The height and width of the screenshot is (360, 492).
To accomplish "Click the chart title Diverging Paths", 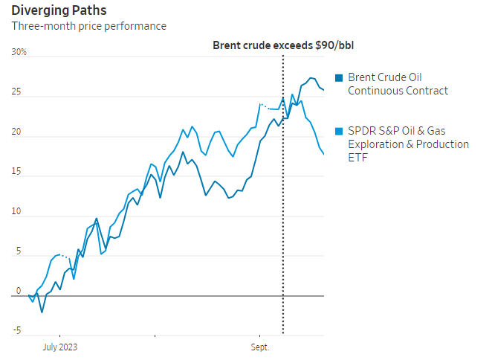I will [x=58, y=10].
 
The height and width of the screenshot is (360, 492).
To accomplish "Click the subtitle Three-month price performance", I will [x=88, y=26].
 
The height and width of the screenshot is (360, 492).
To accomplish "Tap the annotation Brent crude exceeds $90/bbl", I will [x=282, y=45].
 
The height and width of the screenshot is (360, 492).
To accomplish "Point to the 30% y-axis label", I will [x=19, y=53].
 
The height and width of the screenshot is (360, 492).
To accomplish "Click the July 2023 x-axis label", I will [x=60, y=347].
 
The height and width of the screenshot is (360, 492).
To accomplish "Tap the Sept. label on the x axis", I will [x=260, y=347].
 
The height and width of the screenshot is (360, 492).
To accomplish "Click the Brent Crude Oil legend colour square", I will [x=340, y=78].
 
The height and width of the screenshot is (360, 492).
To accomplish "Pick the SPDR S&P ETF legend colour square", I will [x=340, y=131].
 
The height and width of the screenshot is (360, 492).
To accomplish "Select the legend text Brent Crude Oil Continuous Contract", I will [x=398, y=84].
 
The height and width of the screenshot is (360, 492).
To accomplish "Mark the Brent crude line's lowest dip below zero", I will [x=42, y=312].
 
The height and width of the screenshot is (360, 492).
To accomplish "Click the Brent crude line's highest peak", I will [x=311, y=77].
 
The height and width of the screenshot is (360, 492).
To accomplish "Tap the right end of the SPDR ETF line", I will [x=324, y=154].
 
